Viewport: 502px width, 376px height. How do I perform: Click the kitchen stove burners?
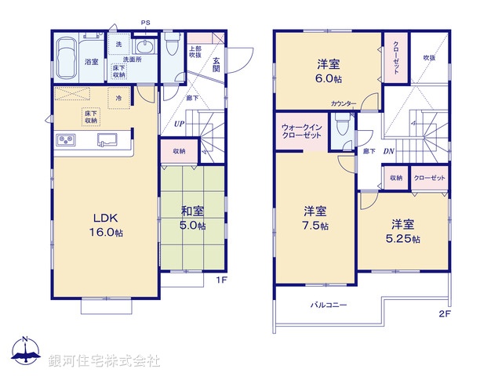coord(65,140)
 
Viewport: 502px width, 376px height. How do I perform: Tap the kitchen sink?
coord(104,140)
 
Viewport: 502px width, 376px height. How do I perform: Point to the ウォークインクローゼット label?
coord(301,131)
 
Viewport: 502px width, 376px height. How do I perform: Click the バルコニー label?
coord(328,304)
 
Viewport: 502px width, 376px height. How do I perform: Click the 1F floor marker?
coord(222,278)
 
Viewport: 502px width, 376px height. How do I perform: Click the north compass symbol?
coord(25,352)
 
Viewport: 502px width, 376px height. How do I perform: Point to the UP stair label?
coord(180,124)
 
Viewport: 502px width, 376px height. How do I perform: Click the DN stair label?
coord(389,151)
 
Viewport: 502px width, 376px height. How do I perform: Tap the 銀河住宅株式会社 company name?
coord(104,361)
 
